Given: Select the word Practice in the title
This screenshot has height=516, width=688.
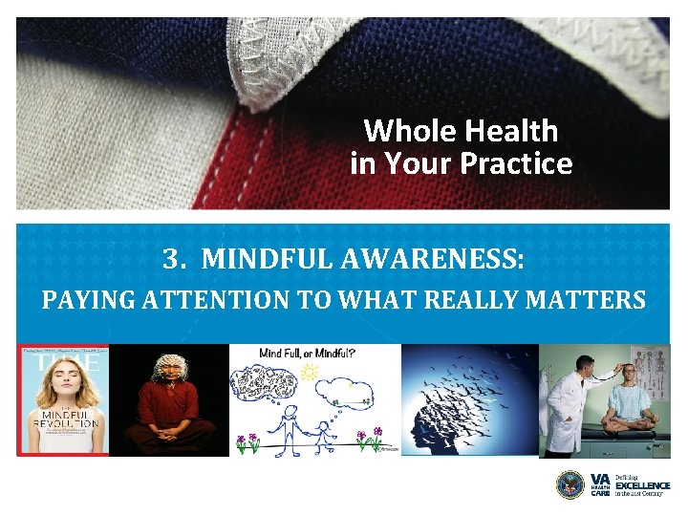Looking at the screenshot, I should (x=516, y=163).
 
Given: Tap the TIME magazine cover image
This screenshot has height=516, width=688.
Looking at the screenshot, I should (x=62, y=399).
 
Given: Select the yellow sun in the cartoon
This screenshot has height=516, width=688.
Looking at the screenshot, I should (x=309, y=374).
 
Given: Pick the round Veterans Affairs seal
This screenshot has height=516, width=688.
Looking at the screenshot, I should (x=570, y=484).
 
